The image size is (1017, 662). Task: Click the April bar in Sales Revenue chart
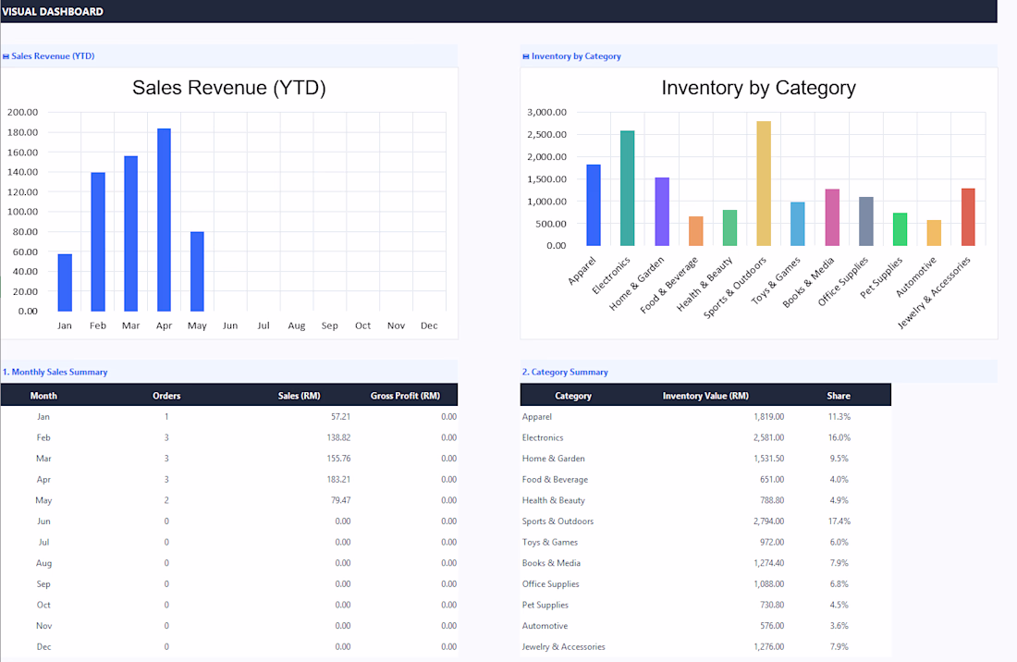[x=164, y=220]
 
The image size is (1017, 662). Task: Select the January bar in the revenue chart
[x=65, y=283]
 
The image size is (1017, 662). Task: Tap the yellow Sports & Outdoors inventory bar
[x=764, y=183]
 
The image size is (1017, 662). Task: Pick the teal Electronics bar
[x=627, y=188]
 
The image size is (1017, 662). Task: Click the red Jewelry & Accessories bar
[x=968, y=217]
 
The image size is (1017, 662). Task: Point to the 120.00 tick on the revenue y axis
[x=23, y=192]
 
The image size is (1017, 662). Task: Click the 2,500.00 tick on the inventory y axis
[x=546, y=134]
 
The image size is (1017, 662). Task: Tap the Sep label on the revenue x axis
[x=329, y=325]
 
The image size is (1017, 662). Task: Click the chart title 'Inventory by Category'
[x=758, y=88]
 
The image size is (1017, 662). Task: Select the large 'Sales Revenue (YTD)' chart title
[x=229, y=88]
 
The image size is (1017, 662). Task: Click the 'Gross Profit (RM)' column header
[x=405, y=396]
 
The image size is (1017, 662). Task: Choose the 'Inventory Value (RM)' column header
[x=705, y=396]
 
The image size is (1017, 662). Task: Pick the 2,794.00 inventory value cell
[x=768, y=521]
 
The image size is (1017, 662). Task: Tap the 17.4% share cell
[x=839, y=521]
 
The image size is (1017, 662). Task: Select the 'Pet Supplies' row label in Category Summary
[x=545, y=605]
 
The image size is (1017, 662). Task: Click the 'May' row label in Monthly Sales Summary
[x=43, y=500]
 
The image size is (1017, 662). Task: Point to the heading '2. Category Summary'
[x=565, y=373]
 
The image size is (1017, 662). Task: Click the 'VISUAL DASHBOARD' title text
[x=53, y=12]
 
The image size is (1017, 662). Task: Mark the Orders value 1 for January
[x=166, y=417]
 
